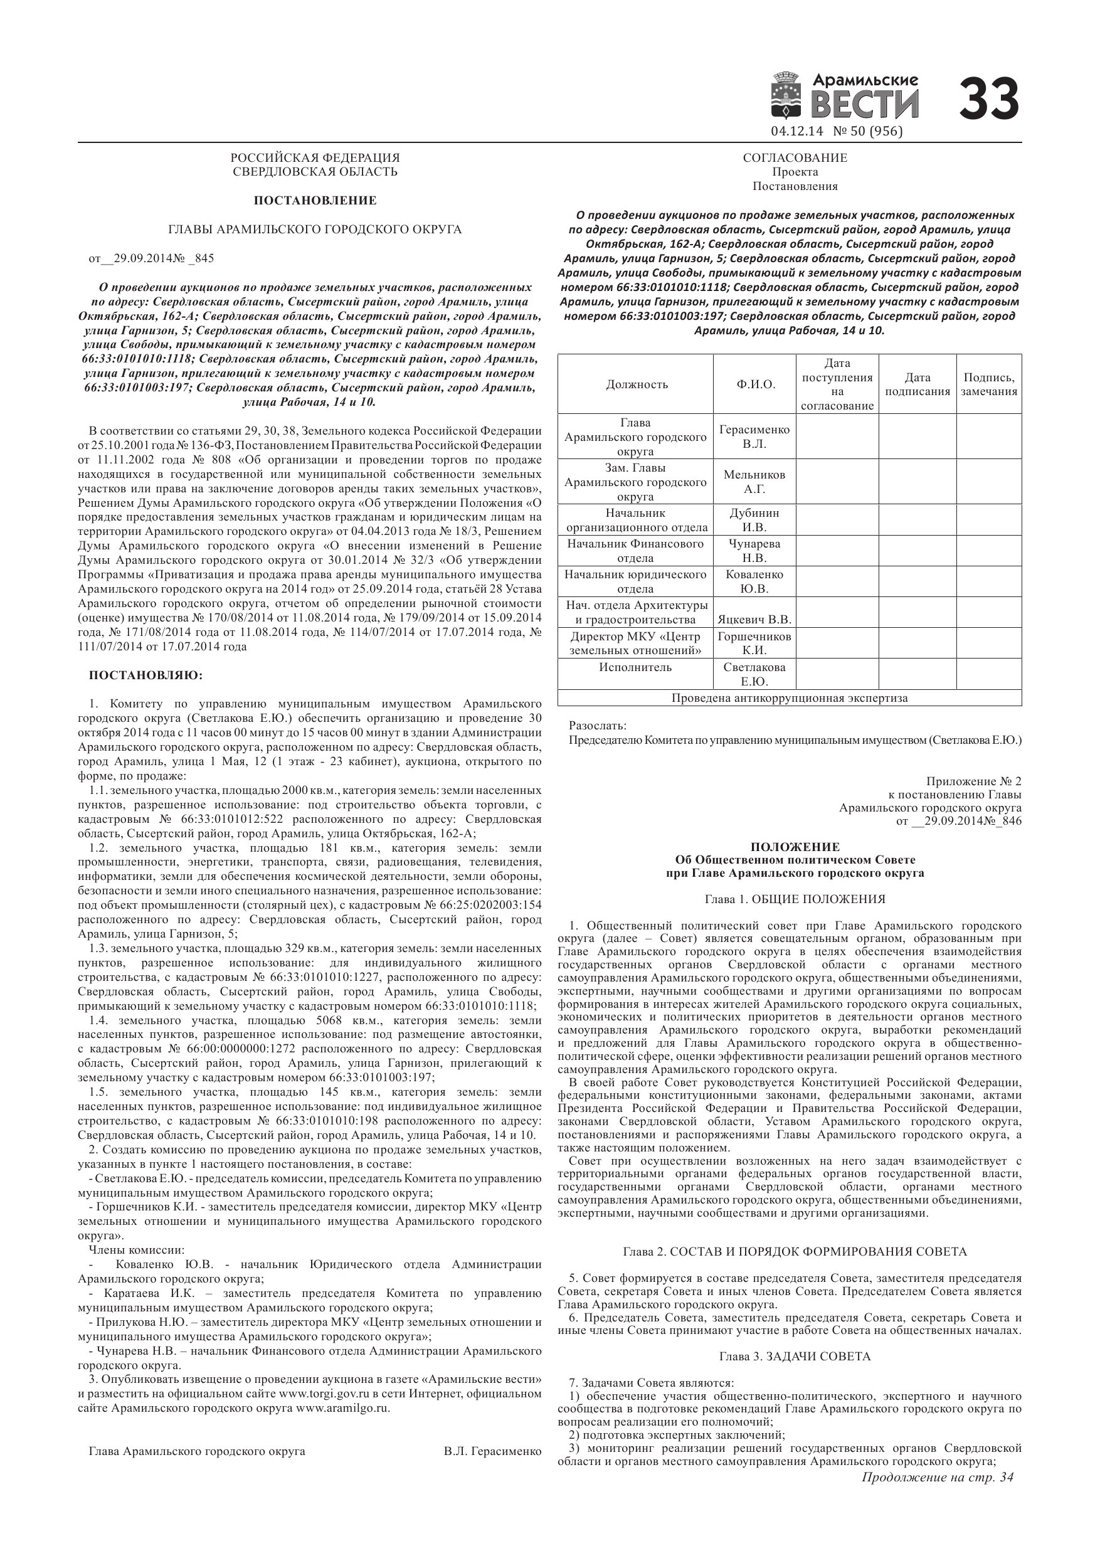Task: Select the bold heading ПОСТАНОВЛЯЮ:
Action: click(x=145, y=675)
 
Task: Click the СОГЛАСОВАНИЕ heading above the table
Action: click(x=795, y=158)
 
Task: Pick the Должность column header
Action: click(x=637, y=384)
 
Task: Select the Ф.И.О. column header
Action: click(x=756, y=384)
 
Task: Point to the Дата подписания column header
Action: click(x=918, y=384)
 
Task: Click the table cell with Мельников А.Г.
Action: click(x=754, y=482)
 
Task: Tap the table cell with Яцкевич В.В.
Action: click(x=754, y=620)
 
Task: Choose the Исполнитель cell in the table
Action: click(x=635, y=667)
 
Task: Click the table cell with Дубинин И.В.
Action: click(x=754, y=520)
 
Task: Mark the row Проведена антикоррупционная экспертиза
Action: click(x=789, y=698)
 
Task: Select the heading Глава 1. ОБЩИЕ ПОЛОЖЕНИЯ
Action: click(x=795, y=899)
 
